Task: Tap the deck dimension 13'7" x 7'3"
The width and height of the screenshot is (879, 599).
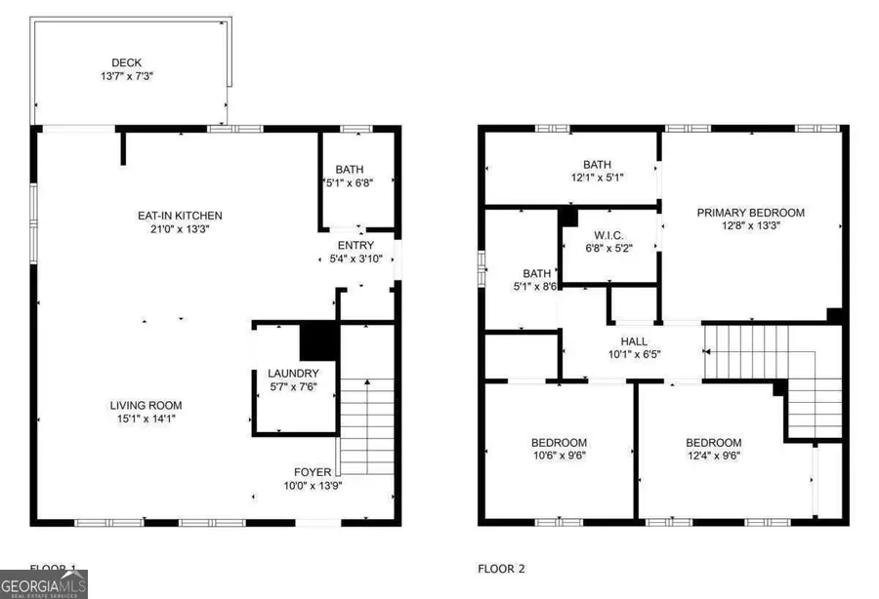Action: pos(130,74)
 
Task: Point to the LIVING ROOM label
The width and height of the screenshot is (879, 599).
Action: pos(145,406)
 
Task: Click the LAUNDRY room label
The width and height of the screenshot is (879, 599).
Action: pos(293,374)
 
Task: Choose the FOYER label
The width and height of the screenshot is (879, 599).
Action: pos(314,472)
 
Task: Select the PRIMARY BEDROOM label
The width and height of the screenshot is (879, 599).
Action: pos(750,213)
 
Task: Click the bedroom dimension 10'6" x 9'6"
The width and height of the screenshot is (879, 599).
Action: pos(560,455)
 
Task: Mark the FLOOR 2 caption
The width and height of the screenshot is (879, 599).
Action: pos(502,568)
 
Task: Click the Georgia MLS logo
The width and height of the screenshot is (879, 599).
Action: pos(44,584)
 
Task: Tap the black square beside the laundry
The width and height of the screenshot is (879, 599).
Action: pos(317,341)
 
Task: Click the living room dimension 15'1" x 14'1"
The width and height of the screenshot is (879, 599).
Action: pos(145,419)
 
